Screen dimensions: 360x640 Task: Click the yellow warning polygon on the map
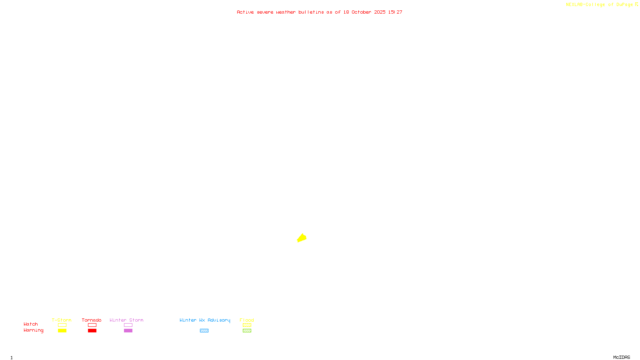tap(302, 238)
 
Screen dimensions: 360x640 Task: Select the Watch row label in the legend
tap(31, 324)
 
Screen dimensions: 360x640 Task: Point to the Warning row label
tap(34, 330)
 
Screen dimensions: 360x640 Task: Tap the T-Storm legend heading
tap(62, 320)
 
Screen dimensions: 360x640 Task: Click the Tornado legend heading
tap(92, 320)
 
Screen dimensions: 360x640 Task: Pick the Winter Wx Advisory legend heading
tap(205, 320)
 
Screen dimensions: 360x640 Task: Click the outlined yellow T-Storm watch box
tap(62, 325)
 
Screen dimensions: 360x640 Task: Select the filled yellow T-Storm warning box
tap(62, 331)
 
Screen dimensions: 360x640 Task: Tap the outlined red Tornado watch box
tap(92, 325)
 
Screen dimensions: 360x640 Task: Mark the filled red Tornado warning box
tap(92, 331)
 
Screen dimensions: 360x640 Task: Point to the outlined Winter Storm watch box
tap(128, 325)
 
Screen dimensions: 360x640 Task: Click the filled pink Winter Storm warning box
tap(128, 331)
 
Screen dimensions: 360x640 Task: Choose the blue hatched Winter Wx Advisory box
tap(204, 331)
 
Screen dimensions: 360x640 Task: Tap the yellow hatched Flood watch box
tap(247, 325)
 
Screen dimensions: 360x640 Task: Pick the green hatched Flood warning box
tap(247, 331)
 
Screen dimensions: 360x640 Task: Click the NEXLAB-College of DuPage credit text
tap(600, 5)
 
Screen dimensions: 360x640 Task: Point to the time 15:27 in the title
tap(395, 12)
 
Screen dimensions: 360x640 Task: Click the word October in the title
tap(361, 12)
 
